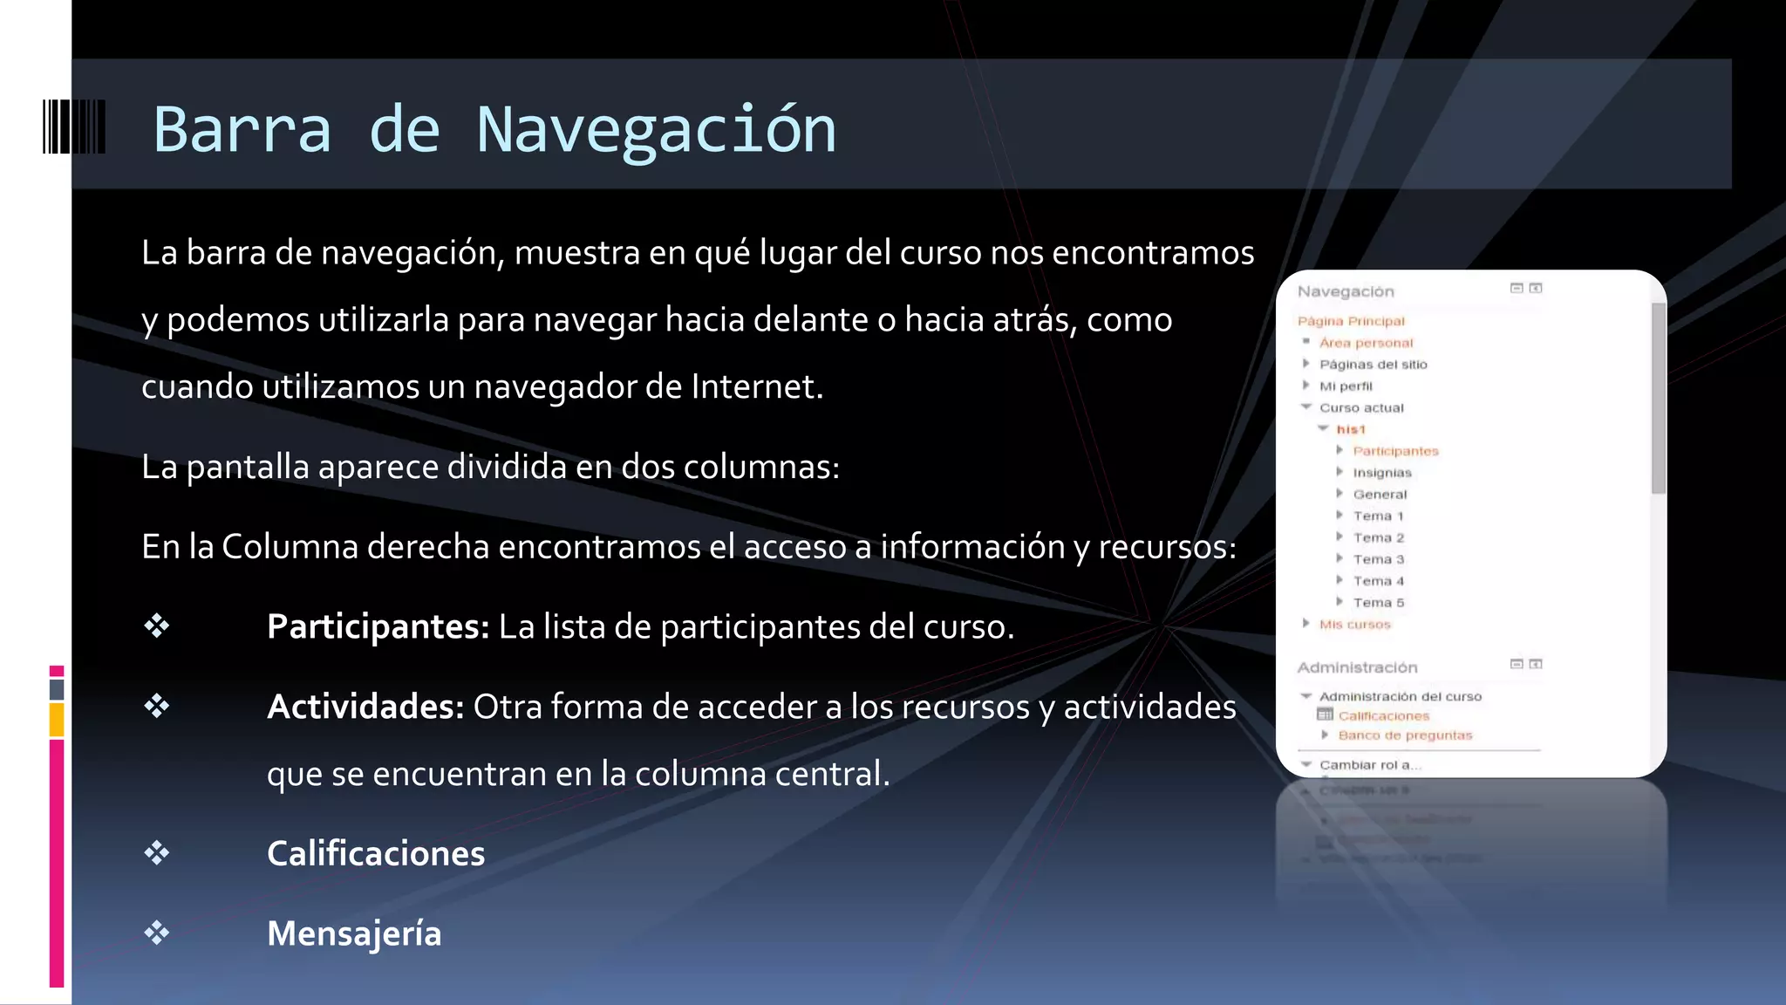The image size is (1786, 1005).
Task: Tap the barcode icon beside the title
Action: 74,127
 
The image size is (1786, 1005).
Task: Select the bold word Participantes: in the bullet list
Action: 378,626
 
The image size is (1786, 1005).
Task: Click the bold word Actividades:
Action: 365,707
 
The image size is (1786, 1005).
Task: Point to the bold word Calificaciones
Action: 375,853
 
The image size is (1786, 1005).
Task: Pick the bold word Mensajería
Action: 353,933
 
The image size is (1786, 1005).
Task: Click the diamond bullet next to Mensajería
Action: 157,933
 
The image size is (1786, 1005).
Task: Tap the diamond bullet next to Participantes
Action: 157,626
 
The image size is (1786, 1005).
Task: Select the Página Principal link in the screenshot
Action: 1351,321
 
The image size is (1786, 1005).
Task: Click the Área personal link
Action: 1366,343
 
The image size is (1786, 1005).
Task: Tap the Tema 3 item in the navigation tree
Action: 1378,559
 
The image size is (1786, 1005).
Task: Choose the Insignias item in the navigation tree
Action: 1381,473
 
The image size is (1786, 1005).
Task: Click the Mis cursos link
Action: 1354,625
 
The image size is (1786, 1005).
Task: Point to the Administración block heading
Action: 1357,667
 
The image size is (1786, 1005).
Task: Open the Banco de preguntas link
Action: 1405,735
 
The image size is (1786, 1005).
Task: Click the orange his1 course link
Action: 1350,429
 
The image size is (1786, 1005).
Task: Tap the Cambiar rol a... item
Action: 1369,765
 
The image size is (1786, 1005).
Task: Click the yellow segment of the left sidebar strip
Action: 57,721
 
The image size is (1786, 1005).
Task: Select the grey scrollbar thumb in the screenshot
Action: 1658,398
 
